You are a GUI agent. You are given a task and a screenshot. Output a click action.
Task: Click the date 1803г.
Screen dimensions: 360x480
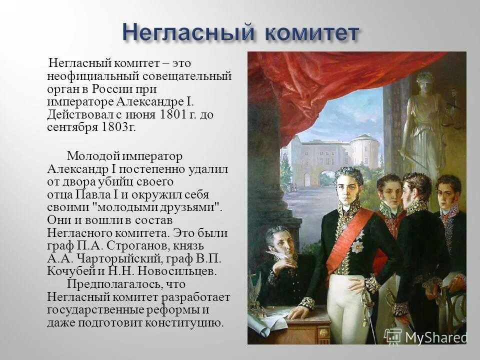pyautogui.click(x=117, y=127)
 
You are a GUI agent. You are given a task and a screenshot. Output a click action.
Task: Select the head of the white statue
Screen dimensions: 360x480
pyautogui.click(x=425, y=79)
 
